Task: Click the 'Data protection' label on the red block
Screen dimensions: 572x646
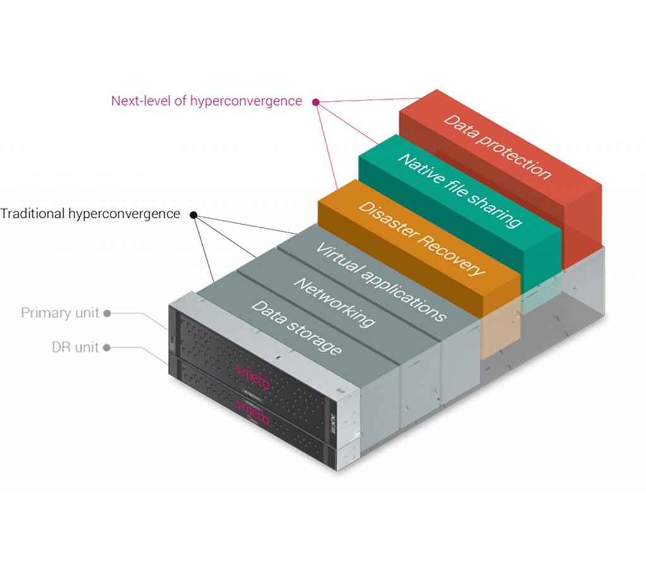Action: click(x=497, y=146)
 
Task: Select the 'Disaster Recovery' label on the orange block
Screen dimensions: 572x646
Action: click(x=421, y=238)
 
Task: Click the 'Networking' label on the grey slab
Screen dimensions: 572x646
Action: click(x=333, y=303)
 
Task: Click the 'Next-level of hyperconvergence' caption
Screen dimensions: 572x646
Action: click(x=206, y=100)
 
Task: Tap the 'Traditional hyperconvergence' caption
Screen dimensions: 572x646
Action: click(x=90, y=214)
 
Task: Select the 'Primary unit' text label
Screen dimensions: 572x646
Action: click(x=61, y=313)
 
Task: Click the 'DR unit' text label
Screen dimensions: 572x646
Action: click(x=75, y=347)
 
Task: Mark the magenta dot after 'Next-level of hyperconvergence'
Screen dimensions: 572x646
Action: click(x=315, y=101)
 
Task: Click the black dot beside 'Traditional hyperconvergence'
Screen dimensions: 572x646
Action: click(x=193, y=215)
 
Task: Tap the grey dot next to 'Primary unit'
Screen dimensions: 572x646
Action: click(x=108, y=313)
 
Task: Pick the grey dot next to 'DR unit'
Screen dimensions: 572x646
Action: click(x=108, y=347)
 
